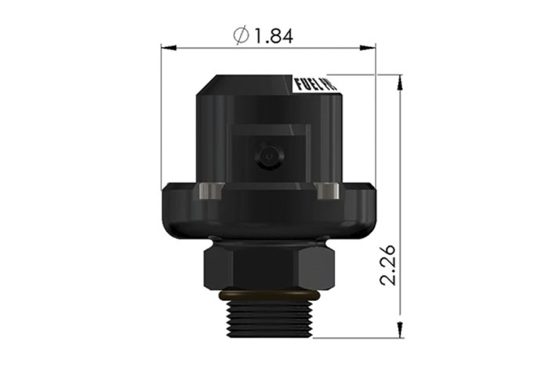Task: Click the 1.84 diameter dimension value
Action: [274, 36]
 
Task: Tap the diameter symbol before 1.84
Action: [242, 36]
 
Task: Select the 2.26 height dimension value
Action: [388, 266]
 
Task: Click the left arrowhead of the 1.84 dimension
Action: [168, 48]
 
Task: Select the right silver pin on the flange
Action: [326, 190]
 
